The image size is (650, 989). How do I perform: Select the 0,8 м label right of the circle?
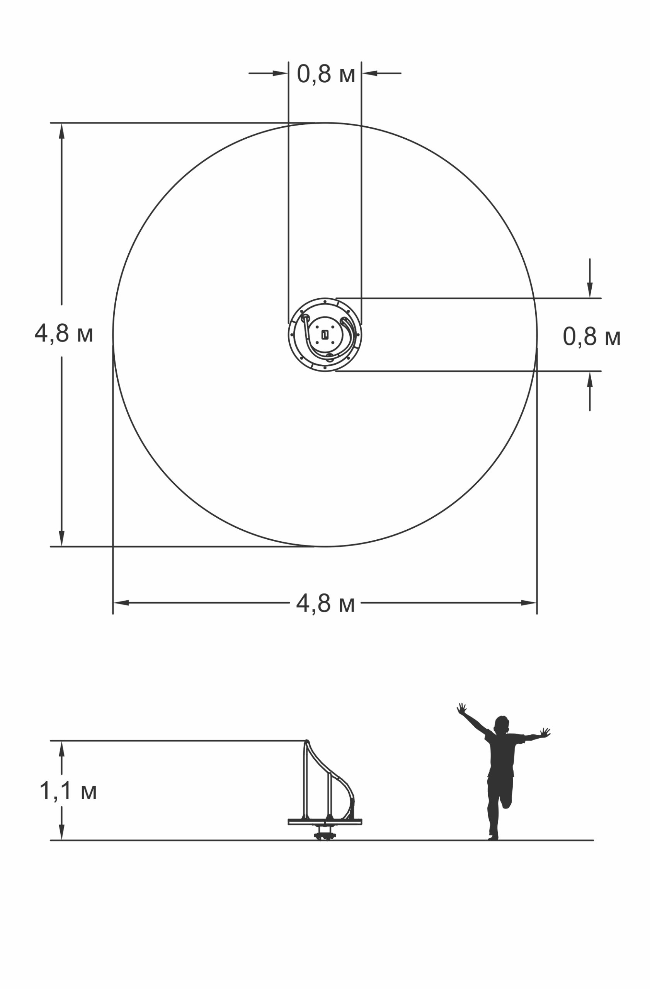591,336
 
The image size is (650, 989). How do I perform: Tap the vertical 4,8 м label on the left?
64,333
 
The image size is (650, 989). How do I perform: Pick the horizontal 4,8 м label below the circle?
325,603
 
